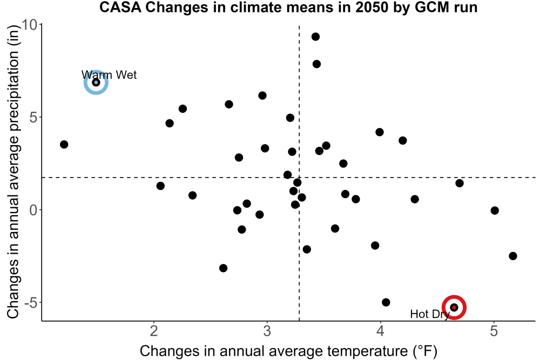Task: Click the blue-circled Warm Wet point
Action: click(96, 82)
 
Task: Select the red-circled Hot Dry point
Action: click(454, 307)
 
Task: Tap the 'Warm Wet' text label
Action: click(109, 74)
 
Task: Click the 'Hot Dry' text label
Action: click(430, 314)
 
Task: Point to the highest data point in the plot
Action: click(315, 37)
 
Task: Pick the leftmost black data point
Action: click(64, 144)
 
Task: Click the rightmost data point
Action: click(513, 256)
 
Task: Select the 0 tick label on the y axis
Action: click(33, 210)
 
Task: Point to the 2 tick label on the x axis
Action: click(154, 331)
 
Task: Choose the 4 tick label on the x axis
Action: click(380, 331)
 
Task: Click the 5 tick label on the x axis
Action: click(494, 331)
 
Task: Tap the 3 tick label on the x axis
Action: click(267, 331)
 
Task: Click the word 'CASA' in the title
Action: click(120, 7)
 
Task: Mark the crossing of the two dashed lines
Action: click(299, 178)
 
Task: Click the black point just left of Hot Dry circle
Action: click(386, 302)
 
